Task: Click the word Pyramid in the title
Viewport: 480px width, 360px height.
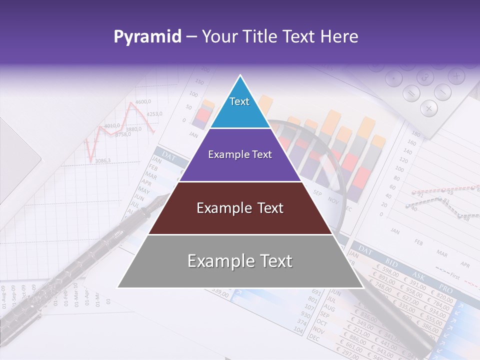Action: pos(147,36)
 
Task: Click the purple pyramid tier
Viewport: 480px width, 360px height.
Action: pos(240,155)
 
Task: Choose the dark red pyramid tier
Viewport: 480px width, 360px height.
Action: pos(240,208)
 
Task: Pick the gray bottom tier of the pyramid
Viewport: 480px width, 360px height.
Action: pos(240,261)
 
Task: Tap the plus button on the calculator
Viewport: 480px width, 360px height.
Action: pos(456,76)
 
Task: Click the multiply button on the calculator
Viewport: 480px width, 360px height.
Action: pos(428,108)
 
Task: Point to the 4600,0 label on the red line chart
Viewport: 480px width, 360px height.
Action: pos(143,102)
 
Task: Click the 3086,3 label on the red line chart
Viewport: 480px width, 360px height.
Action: pos(102,161)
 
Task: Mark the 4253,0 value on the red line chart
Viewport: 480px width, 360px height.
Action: pos(154,114)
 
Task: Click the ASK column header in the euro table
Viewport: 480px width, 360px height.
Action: pos(417,274)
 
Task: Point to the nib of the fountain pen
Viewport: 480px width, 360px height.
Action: pos(161,202)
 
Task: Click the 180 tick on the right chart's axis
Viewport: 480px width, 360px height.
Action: pos(415,134)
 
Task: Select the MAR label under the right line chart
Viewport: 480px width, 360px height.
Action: pos(442,253)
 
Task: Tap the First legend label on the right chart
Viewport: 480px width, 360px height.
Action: pos(454,275)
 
